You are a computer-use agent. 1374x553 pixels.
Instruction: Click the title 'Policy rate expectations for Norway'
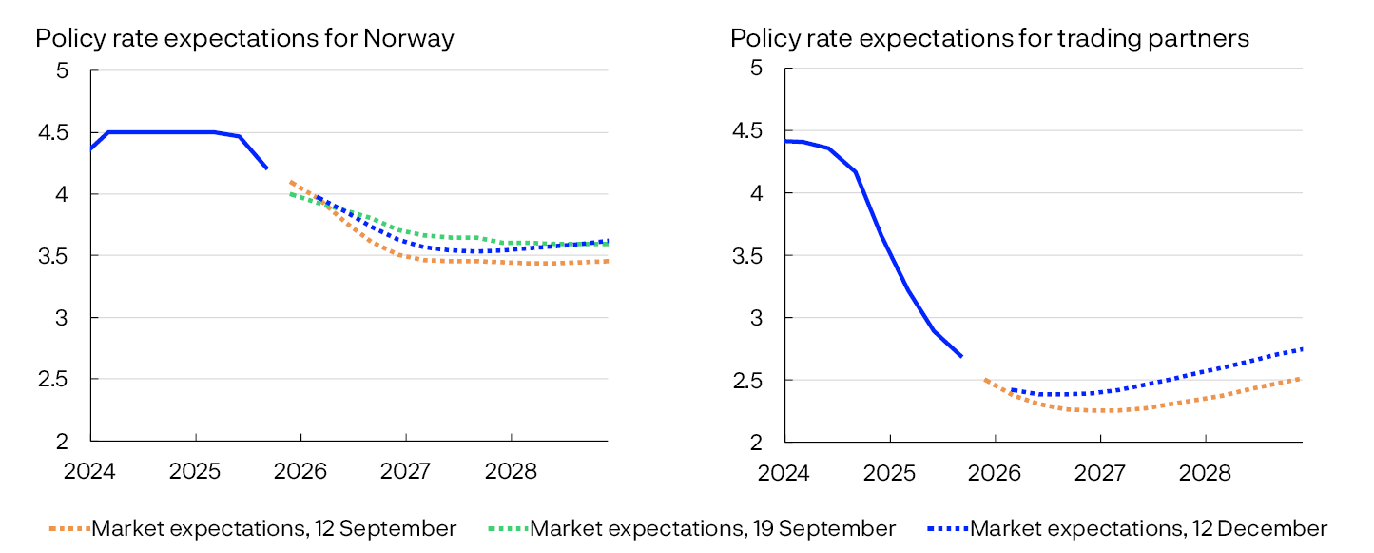coord(244,39)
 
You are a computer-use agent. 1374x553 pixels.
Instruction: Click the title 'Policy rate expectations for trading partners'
coord(989,39)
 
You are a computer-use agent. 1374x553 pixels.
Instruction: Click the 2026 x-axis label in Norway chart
coord(300,471)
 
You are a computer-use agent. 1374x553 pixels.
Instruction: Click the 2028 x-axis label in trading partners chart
coord(1205,471)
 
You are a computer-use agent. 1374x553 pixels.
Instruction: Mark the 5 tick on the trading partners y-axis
coord(757,69)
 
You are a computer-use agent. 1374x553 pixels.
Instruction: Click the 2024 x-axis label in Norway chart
coord(90,471)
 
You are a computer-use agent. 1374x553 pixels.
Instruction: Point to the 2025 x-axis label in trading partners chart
coord(890,471)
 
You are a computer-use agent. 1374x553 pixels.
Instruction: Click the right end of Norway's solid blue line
coord(266,168)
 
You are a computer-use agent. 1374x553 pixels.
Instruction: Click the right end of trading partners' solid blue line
coord(961,356)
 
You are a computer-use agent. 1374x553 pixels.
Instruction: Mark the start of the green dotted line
coord(291,194)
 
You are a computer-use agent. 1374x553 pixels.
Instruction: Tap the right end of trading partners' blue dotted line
coord(1301,349)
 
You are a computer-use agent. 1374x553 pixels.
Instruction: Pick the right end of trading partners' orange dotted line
coord(1301,379)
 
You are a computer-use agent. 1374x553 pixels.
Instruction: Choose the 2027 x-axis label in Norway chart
coord(406,471)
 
